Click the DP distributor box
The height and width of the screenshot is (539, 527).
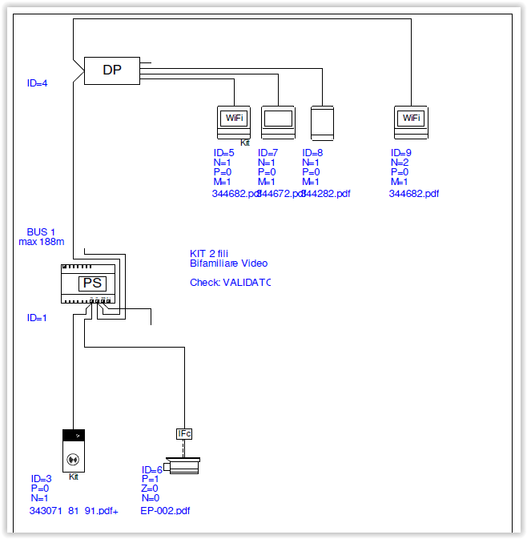click(x=112, y=70)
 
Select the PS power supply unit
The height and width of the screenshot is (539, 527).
click(x=93, y=283)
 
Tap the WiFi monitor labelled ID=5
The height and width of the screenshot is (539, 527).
click(x=235, y=120)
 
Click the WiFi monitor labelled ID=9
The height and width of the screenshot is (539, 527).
click(x=411, y=120)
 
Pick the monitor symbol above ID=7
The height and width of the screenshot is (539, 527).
click(x=278, y=120)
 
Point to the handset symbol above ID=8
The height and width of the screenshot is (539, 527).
click(x=321, y=121)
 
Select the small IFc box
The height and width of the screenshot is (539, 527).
click(x=185, y=434)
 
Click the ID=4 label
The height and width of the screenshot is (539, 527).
click(x=37, y=82)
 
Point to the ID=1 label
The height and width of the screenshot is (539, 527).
click(x=37, y=318)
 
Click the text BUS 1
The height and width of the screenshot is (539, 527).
click(x=41, y=231)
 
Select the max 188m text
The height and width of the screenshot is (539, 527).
click(x=41, y=241)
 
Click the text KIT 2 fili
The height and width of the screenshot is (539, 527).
click(x=209, y=253)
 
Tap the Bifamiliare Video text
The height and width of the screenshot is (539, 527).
click(x=228, y=263)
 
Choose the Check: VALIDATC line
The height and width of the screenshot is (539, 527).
click(x=230, y=283)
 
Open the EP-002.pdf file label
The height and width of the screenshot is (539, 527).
click(x=165, y=510)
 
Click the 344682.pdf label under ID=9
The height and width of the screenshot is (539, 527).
click(x=413, y=193)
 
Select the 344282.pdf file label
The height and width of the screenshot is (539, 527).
click(x=327, y=193)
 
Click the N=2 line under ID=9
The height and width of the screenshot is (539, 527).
click(x=400, y=163)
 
